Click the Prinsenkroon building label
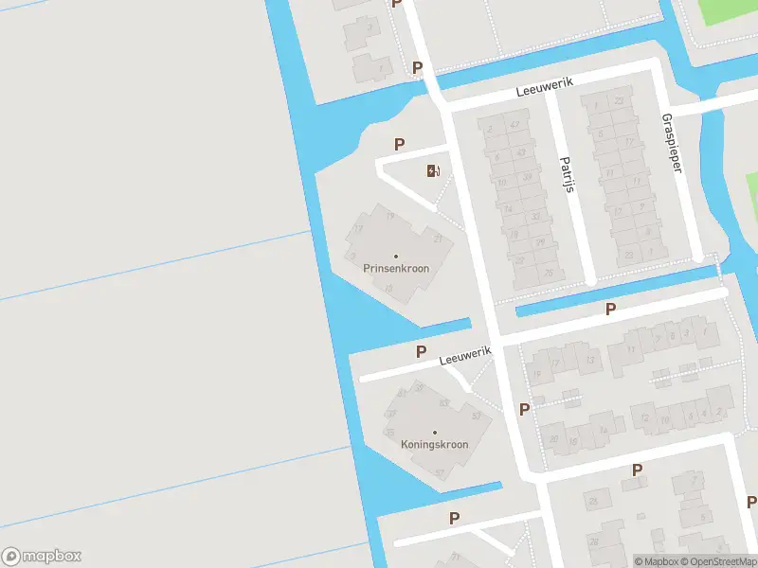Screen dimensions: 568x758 [396, 268]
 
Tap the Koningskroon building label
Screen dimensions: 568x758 [435, 443]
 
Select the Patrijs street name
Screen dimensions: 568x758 [568, 174]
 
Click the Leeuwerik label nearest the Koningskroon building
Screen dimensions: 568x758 [465, 356]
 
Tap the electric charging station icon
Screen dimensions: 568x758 [432, 170]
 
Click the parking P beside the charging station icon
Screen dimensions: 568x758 [400, 144]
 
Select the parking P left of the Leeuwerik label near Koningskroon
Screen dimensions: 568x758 [421, 351]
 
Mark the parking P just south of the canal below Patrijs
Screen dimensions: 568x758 [611, 310]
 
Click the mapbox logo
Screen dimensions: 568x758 [42, 556]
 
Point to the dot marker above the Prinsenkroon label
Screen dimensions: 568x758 [396, 256]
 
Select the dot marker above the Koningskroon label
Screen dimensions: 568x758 [435, 432]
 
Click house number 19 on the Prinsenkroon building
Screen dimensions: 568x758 [389, 217]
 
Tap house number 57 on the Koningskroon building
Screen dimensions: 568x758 [439, 472]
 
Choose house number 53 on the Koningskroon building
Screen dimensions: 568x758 [476, 416]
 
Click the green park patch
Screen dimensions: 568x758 [730, 11]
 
